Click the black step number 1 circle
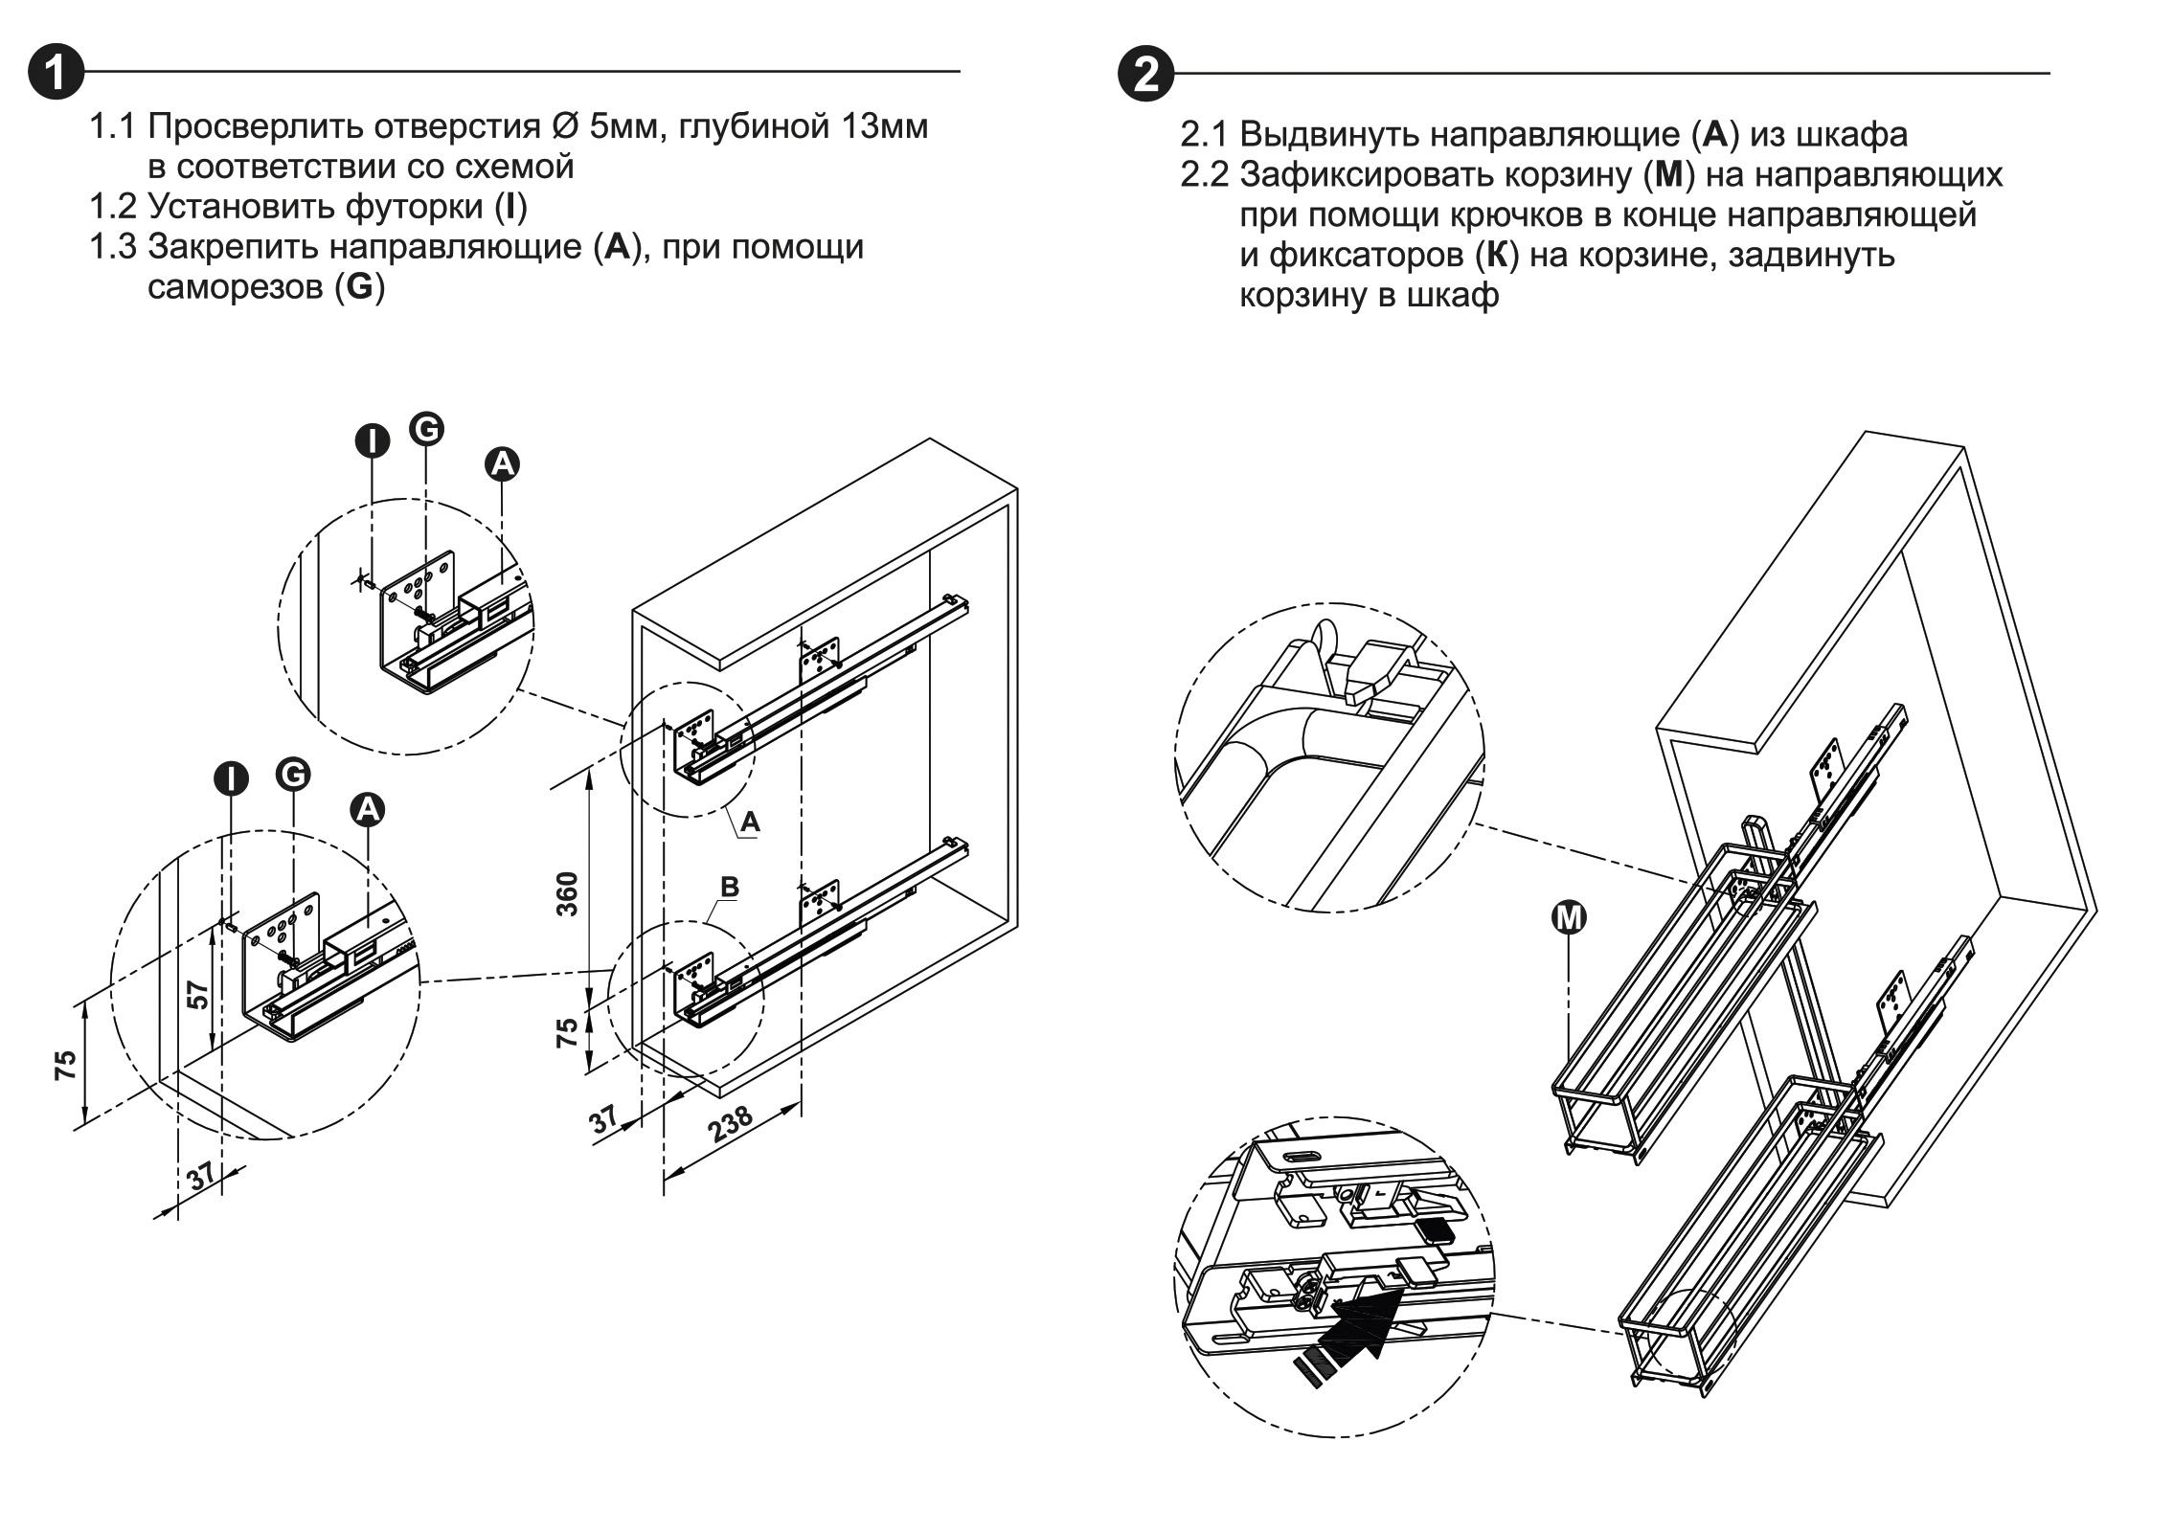[56, 72]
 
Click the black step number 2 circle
[1145, 73]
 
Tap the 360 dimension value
[568, 893]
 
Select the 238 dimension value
[731, 1124]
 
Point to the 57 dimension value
[198, 995]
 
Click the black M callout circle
[1568, 918]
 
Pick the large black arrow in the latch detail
[1360, 1320]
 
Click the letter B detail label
[729, 887]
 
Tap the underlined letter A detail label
[750, 822]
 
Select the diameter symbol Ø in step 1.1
[563, 126]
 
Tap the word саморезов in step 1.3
[236, 287]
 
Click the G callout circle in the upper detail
[426, 428]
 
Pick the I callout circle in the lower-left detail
[231, 777]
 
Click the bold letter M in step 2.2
[1668, 175]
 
